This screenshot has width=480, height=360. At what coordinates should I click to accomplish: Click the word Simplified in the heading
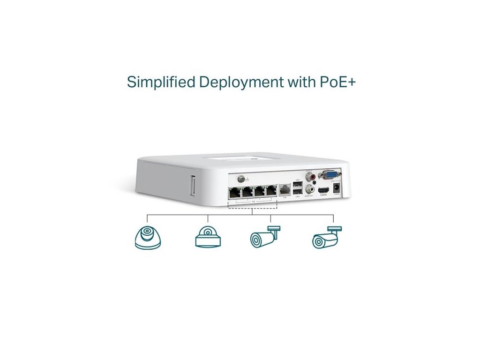pos(161,82)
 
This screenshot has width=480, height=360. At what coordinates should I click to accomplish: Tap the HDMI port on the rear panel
pos(322,189)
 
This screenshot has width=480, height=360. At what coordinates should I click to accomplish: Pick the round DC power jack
pos(336,189)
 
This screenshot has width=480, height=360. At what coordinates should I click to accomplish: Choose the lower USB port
pos(296,190)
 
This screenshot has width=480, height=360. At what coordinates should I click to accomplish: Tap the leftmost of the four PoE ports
pos(234,192)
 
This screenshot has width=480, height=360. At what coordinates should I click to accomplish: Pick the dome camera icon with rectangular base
pos(208,237)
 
